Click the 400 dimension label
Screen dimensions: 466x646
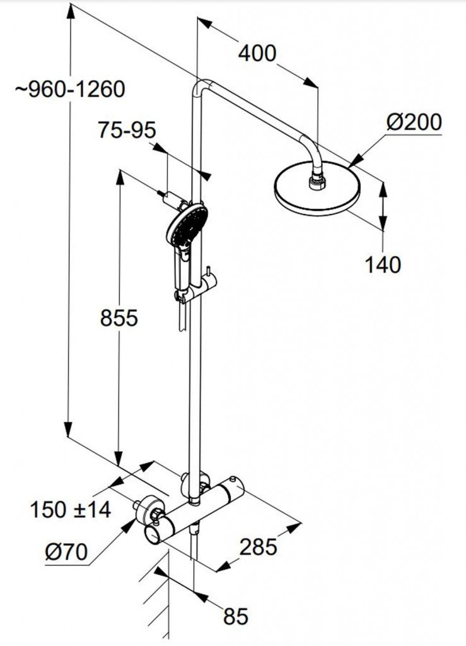[x=257, y=54]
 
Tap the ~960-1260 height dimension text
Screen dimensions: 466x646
[x=70, y=89]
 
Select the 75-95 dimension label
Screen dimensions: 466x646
[x=127, y=130]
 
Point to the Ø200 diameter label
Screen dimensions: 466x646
[x=414, y=122]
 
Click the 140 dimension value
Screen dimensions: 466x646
[x=382, y=264]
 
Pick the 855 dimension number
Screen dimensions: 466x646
[x=119, y=318]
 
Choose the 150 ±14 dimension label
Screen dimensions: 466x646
[x=71, y=510]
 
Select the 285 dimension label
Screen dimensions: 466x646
[x=259, y=547]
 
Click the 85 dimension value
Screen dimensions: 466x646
[x=236, y=616]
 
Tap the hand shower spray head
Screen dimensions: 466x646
[x=187, y=226]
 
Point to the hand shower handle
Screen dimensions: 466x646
[x=182, y=272]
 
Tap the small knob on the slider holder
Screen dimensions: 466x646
[x=209, y=272]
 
